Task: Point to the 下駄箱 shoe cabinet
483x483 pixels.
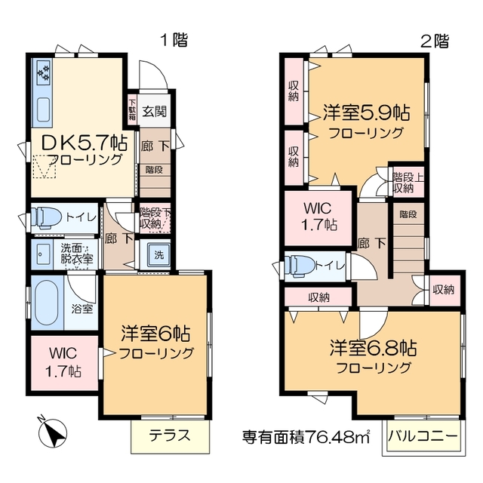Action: pyautogui.click(x=132, y=110)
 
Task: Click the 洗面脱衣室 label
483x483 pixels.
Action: pyautogui.click(x=77, y=254)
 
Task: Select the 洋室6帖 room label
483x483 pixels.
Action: pyautogui.click(x=155, y=333)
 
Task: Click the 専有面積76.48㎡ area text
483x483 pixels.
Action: pyautogui.click(x=306, y=436)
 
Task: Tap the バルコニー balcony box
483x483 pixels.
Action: pyautogui.click(x=423, y=437)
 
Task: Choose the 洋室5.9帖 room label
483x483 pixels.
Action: pyautogui.click(x=366, y=113)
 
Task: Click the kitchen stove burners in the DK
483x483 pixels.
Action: pyautogui.click(x=43, y=73)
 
